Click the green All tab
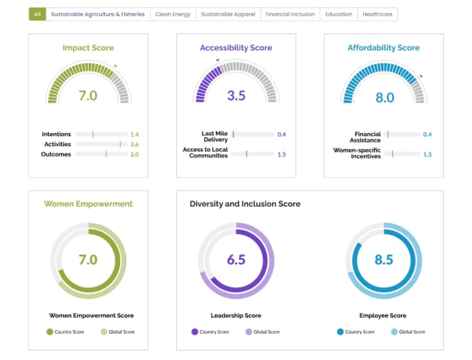click(x=37, y=14)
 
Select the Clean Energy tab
click(x=173, y=14)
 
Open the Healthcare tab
click(x=377, y=14)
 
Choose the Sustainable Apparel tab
click(x=228, y=14)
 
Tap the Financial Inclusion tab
click(x=290, y=14)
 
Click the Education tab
click(x=339, y=14)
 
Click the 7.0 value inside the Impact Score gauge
click(x=88, y=96)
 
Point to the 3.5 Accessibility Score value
click(x=237, y=96)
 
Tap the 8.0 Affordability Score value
click(x=385, y=97)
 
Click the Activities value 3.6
click(x=135, y=144)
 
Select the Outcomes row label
click(x=56, y=154)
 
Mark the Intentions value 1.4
click(x=135, y=134)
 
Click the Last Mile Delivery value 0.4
click(x=282, y=134)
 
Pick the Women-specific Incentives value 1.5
click(x=428, y=154)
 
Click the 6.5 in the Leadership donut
click(x=237, y=260)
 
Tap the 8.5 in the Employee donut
click(x=384, y=260)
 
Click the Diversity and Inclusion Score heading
click(x=245, y=204)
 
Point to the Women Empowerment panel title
click(x=88, y=204)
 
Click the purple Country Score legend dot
click(x=195, y=332)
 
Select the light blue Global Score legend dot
click(x=394, y=332)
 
